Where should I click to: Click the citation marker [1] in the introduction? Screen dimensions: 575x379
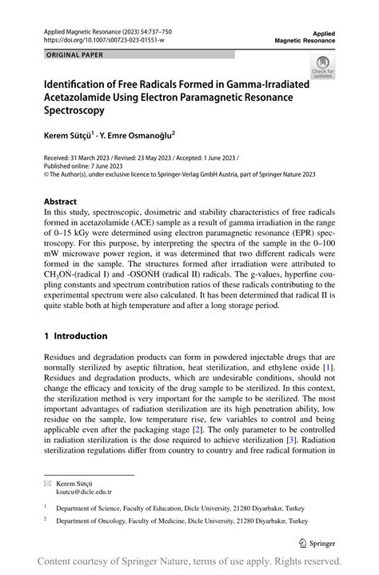328,367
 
